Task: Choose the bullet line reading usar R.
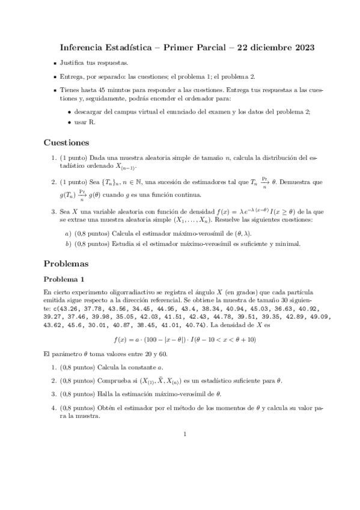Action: point(88,123)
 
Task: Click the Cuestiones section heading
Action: point(67,143)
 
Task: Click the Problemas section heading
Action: point(66,263)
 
